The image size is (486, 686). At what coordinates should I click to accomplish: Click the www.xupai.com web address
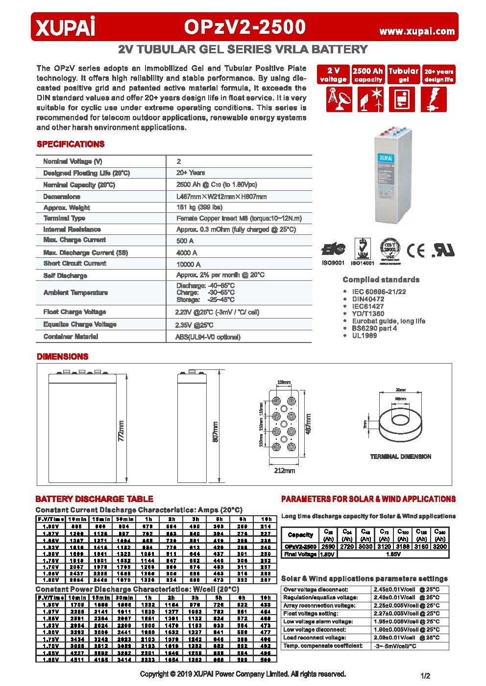click(x=417, y=31)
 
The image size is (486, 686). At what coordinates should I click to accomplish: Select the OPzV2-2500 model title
click(x=244, y=27)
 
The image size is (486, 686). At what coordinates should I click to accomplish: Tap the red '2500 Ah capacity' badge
click(x=368, y=75)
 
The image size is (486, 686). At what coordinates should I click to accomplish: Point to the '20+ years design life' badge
click(x=438, y=75)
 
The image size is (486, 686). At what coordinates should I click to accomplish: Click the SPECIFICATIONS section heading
click(x=71, y=144)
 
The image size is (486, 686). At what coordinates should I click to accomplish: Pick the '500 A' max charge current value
click(x=185, y=241)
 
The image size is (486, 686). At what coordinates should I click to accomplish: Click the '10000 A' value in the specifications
click(x=188, y=264)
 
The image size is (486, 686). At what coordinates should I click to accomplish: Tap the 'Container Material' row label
click(x=71, y=337)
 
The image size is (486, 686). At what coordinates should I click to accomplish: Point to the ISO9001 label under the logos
click(x=333, y=263)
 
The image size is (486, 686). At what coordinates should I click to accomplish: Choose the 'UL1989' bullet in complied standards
click(x=364, y=336)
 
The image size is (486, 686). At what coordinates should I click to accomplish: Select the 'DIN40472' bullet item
click(x=368, y=299)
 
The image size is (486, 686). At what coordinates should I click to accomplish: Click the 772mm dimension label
click(x=121, y=431)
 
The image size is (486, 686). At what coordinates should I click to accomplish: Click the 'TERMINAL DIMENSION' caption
click(x=400, y=457)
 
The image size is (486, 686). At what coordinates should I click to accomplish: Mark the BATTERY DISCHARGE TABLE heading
click(x=94, y=499)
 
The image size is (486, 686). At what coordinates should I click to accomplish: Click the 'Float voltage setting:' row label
click(x=311, y=614)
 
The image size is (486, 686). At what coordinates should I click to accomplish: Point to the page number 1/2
click(x=425, y=676)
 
